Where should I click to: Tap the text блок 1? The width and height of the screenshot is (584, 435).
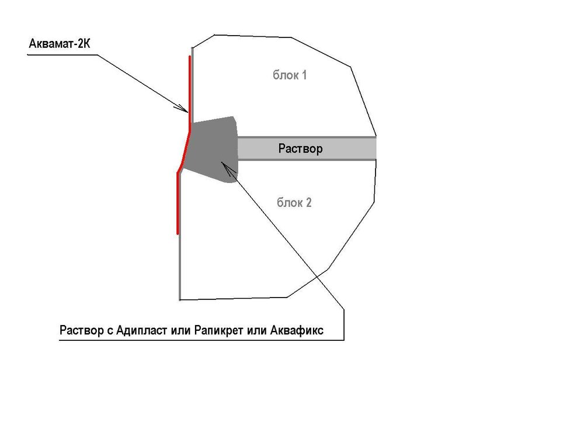290,75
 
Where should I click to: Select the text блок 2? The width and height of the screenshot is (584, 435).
294,203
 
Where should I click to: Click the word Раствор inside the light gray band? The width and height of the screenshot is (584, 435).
300,149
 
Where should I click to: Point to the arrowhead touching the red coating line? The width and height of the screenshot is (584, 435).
183,109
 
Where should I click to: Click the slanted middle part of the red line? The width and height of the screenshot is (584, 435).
183,151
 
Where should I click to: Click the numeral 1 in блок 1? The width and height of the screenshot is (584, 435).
304,75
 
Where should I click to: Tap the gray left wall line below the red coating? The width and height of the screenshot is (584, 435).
179,269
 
